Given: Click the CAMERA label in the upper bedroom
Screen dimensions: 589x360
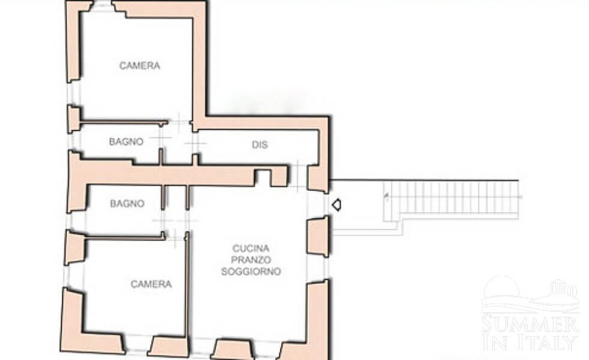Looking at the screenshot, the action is (x=140, y=65).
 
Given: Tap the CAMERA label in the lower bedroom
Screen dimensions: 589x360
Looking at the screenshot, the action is (x=151, y=284).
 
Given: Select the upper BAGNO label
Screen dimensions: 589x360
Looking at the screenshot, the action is (x=126, y=142).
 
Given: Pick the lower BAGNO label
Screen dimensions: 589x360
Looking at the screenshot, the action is (x=127, y=203).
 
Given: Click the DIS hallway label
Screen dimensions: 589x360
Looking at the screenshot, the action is (x=259, y=145).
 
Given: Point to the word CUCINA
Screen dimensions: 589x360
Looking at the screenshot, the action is (x=251, y=248).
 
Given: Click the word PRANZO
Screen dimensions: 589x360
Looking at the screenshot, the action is (x=251, y=259).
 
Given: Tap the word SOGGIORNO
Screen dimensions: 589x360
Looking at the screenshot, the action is (x=251, y=271).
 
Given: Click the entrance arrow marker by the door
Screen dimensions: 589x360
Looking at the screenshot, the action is (x=336, y=205).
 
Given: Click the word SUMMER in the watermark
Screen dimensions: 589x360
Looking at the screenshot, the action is (x=530, y=324).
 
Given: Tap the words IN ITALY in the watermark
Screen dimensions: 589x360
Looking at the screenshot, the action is (x=530, y=341).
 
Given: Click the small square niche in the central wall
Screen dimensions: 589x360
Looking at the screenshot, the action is (x=263, y=178).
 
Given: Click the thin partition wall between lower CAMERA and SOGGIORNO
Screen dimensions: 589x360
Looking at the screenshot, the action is (x=187, y=284).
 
